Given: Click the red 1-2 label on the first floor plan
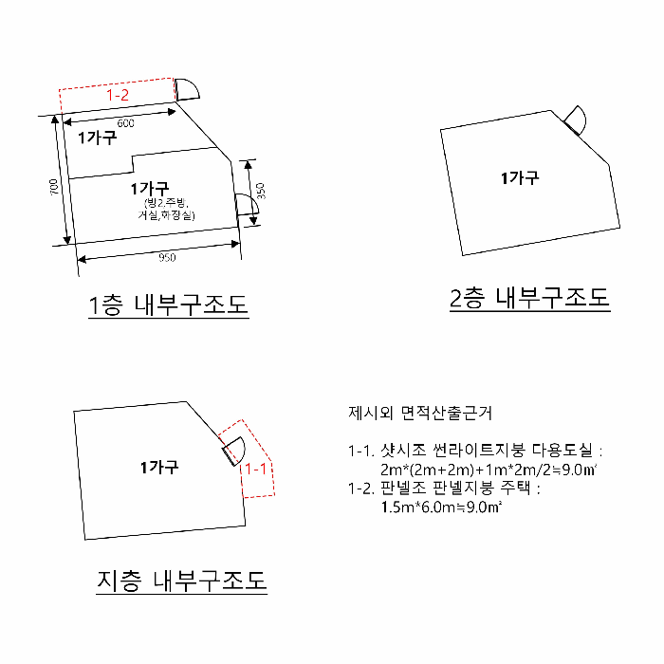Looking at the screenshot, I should [117, 96].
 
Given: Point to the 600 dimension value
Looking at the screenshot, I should [125, 124].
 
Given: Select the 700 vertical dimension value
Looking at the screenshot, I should [55, 188].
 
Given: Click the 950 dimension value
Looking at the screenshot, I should [167, 257].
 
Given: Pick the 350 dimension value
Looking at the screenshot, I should [260, 191].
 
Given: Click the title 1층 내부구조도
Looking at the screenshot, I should [168, 305].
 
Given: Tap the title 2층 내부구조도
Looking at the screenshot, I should [529, 300].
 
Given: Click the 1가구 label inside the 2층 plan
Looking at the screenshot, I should [520, 178].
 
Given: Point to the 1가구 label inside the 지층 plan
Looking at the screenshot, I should [159, 467].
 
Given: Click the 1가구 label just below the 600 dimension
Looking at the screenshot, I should [97, 138].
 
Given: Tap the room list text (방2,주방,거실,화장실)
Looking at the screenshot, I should [167, 210].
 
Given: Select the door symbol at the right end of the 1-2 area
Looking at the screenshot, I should [186, 89].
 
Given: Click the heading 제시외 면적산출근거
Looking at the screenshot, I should [420, 414].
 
